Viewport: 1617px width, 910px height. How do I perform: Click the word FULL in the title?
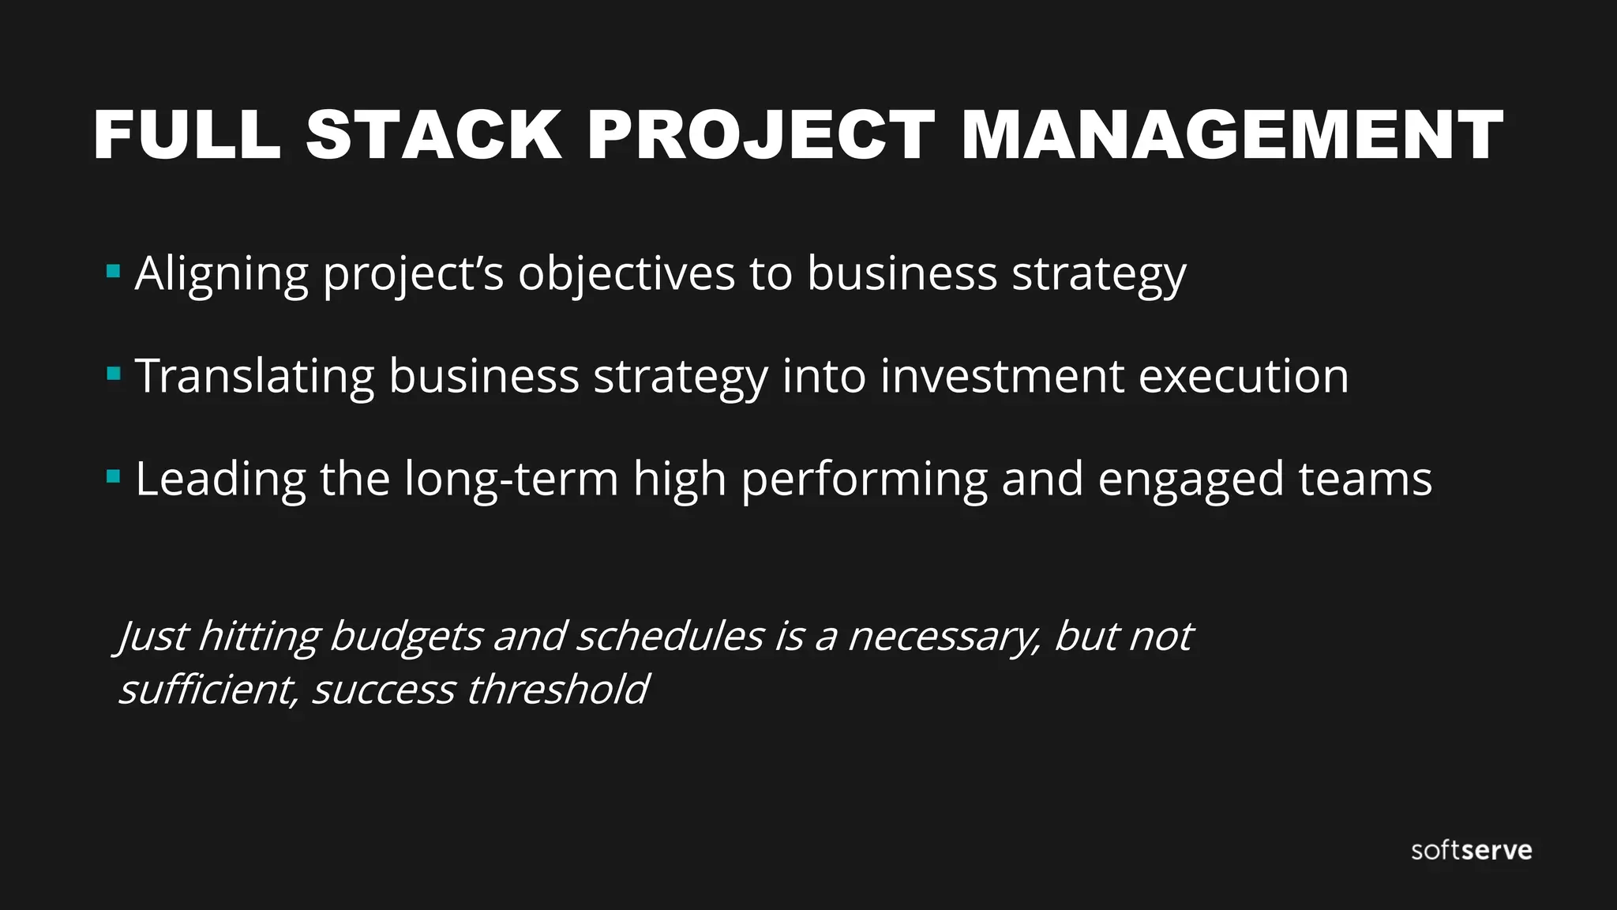coord(187,135)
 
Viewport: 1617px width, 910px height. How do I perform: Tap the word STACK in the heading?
coord(433,135)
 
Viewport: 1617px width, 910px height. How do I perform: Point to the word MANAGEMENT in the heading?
coord(1232,135)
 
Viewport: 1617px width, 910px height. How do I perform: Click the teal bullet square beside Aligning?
coord(113,272)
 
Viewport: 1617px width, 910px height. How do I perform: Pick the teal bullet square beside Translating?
coord(113,374)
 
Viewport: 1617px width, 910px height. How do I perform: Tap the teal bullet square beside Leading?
coord(113,476)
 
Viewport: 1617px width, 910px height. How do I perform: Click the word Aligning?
coord(222,275)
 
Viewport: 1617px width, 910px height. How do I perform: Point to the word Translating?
coord(254,376)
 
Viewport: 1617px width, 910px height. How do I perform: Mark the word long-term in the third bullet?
coord(511,479)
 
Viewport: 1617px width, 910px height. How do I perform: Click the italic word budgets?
coord(405,637)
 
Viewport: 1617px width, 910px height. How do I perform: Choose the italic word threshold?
coord(557,689)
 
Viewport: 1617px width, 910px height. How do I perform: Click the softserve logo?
coord(1472,851)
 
